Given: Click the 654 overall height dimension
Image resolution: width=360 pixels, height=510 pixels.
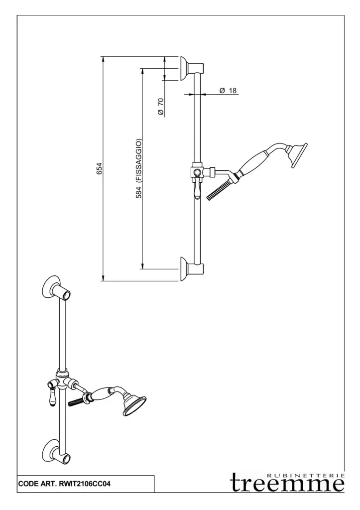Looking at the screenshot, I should (x=99, y=169).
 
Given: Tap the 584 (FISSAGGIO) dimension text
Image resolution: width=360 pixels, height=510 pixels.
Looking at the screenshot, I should (x=139, y=168).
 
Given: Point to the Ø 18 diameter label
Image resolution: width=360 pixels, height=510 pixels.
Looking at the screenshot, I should (x=228, y=90).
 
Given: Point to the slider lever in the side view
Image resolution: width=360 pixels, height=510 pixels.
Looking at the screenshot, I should (x=197, y=188).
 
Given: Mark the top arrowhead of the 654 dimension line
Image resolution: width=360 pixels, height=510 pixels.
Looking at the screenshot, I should (x=103, y=59).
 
